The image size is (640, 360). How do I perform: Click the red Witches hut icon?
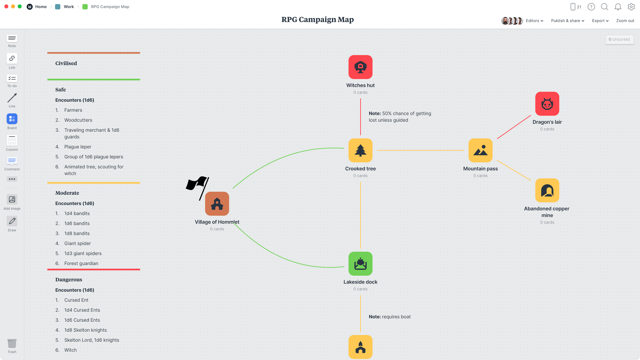[360, 67]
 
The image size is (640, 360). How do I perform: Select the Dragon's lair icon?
[547, 104]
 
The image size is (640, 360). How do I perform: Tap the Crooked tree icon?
[360, 150]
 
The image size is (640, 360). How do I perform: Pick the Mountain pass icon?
[480, 150]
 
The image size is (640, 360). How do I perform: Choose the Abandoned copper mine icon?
[547, 190]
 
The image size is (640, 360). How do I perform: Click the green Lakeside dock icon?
[360, 264]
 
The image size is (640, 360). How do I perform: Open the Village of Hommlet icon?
[217, 204]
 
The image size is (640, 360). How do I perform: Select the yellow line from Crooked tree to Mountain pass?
[420, 150]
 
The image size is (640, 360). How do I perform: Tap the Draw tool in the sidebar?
[12, 221]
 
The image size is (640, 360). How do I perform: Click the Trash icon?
[12, 343]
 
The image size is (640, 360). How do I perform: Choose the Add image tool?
[12, 199]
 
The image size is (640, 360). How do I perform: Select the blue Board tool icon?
[12, 119]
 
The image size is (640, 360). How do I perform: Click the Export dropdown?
[600, 21]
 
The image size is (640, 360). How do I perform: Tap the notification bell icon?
[618, 7]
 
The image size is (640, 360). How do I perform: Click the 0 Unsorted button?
[619, 39]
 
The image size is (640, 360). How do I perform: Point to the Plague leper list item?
[78, 147]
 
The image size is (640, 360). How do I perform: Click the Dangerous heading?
[69, 280]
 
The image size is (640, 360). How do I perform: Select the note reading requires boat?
[390, 317]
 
